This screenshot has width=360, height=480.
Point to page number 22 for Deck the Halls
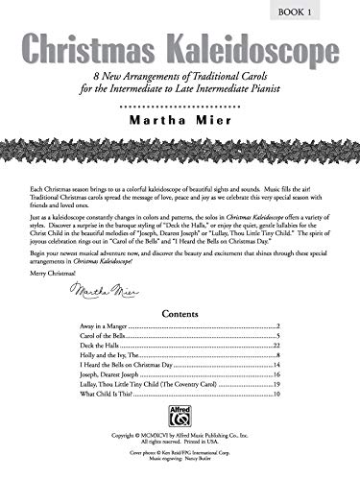pyautogui.click(x=275, y=348)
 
